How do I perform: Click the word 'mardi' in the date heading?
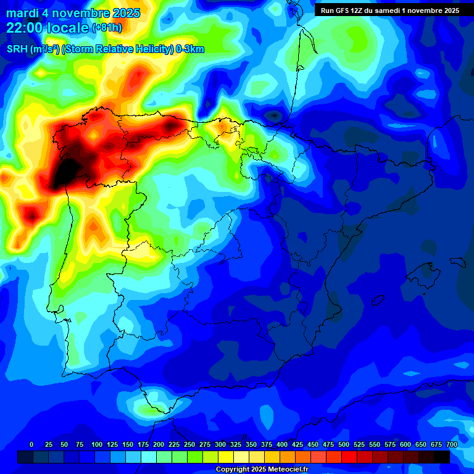point(20,13)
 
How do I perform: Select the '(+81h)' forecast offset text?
point(107,28)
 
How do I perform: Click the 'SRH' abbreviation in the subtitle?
point(17,49)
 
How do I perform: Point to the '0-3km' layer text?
point(190,49)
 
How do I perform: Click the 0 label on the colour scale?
point(31,444)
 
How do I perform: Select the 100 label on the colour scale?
point(97,444)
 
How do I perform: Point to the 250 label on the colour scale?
point(189,444)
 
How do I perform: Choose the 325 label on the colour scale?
point(236,444)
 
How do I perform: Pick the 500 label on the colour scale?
point(344,444)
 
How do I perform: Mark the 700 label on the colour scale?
point(452,444)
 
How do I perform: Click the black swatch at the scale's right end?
point(442,457)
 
